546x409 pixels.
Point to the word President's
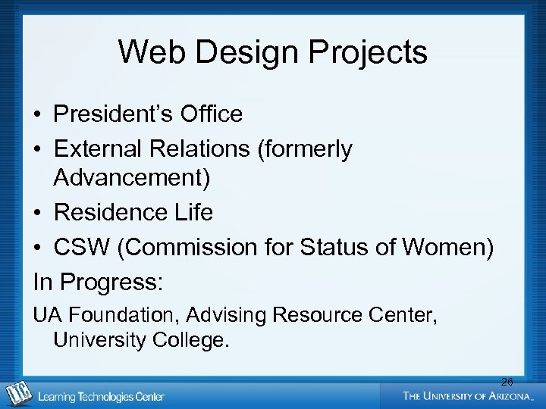pyautogui.click(x=113, y=114)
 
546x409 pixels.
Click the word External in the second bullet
pyautogui.click(x=98, y=149)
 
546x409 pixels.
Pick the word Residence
pyautogui.click(x=111, y=213)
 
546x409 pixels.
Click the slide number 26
pyautogui.click(x=507, y=382)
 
